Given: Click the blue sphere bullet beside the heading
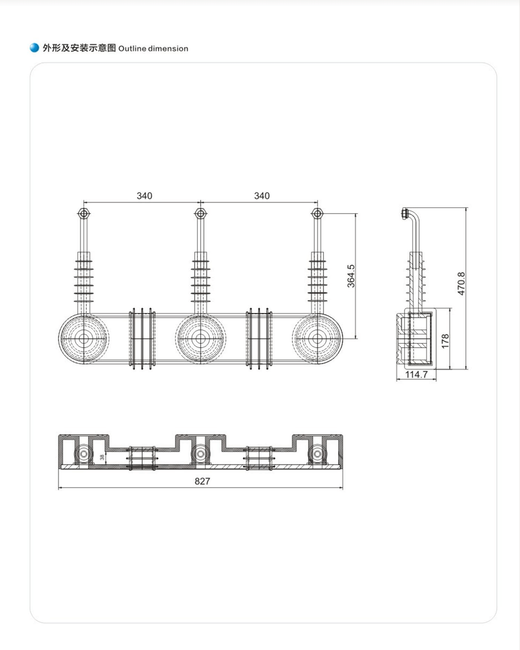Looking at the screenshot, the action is [x=35, y=48].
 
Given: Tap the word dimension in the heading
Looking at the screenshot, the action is [x=168, y=49].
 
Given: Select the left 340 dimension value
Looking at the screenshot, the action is [x=145, y=196].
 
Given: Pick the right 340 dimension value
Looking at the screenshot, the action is [x=262, y=196].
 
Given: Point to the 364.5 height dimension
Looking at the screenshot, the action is [x=351, y=276].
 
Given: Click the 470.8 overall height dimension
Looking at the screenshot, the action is [x=461, y=283].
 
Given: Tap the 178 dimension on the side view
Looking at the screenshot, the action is [x=445, y=341].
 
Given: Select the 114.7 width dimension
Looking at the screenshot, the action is [x=416, y=375].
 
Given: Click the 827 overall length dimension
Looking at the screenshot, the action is [x=202, y=481].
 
